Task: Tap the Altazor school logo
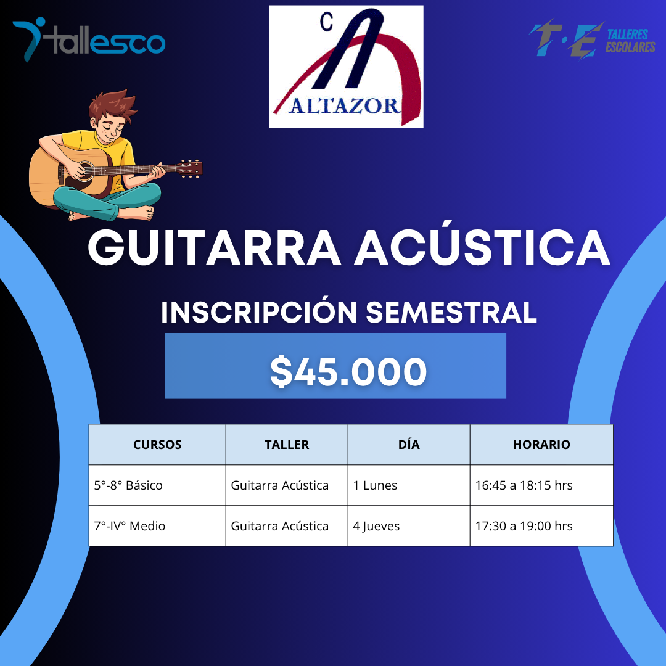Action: click(x=346, y=66)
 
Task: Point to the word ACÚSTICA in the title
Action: click(x=482, y=248)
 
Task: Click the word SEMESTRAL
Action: click(x=451, y=312)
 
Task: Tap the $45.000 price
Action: click(x=348, y=372)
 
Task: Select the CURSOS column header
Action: click(x=157, y=445)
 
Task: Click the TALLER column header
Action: click(x=287, y=445)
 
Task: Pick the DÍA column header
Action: click(x=409, y=445)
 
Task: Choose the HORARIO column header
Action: click(x=541, y=445)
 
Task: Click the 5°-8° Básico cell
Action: click(x=128, y=485)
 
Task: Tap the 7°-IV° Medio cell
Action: click(x=129, y=526)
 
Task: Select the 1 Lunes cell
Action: click(x=375, y=485)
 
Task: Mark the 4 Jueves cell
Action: click(x=376, y=526)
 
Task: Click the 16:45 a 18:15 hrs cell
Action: click(x=524, y=485)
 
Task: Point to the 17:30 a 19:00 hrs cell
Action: click(x=524, y=526)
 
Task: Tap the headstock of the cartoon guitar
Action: click(x=190, y=167)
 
